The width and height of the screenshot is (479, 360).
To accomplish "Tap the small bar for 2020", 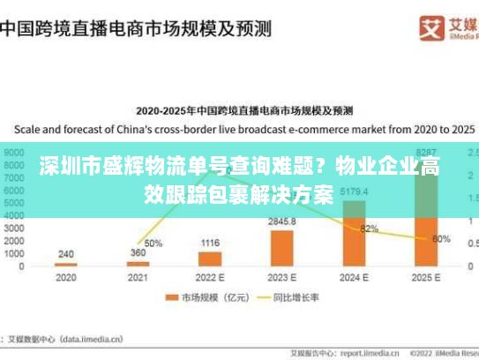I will coord(65,264).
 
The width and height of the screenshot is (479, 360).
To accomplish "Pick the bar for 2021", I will coord(138,263).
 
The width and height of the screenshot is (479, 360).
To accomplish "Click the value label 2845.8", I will coord(282,221).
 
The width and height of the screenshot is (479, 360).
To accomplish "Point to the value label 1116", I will coord(210,243).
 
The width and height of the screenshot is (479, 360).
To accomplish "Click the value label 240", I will coord(65,254).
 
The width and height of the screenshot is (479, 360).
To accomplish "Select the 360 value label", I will coord(138,253).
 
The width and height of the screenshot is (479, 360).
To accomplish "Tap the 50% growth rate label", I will coord(153,243).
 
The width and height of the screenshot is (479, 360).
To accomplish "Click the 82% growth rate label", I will coord(369,229).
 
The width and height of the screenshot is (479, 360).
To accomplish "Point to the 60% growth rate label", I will coord(442,238).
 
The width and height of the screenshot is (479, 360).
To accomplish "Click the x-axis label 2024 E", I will coord(355,278).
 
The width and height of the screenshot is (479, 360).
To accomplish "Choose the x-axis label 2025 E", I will coord(427,278).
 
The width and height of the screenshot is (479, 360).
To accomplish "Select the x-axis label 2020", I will coord(65,278).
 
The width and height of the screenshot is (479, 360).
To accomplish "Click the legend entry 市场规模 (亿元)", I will coord(213,299).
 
